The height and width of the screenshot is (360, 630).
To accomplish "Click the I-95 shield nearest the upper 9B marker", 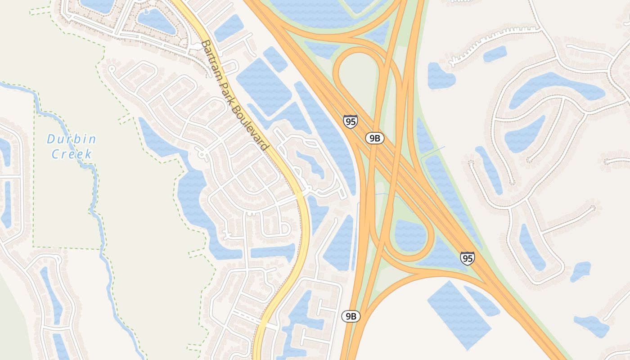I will tap(350, 121).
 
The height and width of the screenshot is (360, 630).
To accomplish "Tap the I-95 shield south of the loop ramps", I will tap(467, 258).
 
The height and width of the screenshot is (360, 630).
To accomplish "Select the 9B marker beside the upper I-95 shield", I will tap(374, 138).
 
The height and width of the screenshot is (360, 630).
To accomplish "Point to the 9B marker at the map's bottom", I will tap(351, 316).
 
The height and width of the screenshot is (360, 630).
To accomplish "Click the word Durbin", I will tap(72, 139).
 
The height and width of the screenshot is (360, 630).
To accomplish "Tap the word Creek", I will tap(72, 154).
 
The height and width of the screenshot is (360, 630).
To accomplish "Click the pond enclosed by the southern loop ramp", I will tap(409, 235).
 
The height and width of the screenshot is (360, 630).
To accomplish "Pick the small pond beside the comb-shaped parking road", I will tap(495, 54).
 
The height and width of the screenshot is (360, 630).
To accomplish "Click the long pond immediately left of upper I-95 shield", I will tap(326, 130).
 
